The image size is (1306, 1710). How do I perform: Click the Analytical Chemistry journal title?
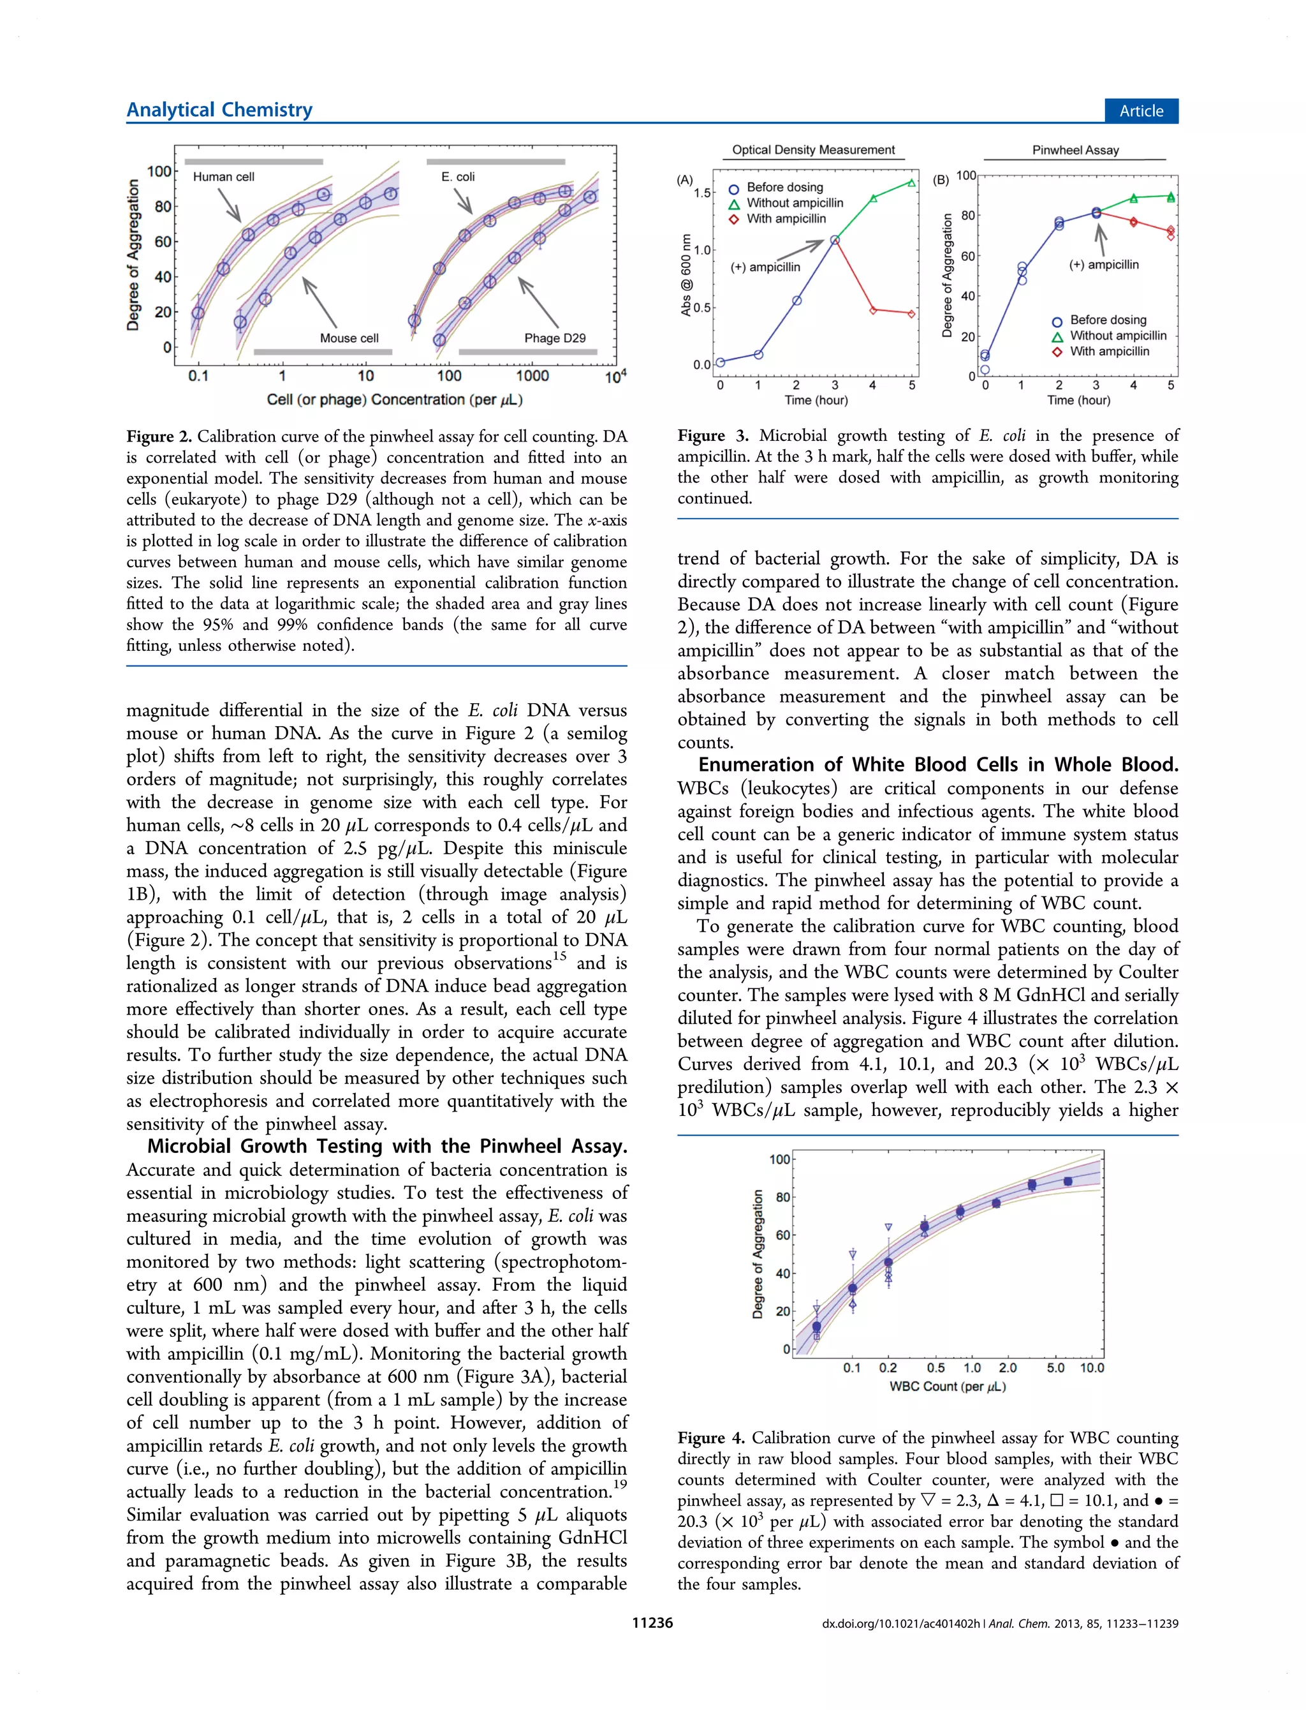(219, 110)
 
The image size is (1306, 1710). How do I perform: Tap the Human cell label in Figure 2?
(223, 177)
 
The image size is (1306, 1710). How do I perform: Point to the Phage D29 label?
(554, 338)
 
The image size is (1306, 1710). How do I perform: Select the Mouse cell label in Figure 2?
(349, 338)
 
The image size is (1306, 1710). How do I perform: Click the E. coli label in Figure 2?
(458, 177)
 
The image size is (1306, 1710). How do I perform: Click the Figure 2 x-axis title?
(394, 399)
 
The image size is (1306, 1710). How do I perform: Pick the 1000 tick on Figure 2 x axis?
(532, 376)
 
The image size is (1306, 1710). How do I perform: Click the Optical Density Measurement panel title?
(813, 149)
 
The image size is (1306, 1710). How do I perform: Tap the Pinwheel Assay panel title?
(1075, 150)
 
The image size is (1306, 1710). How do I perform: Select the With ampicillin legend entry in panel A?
(786, 218)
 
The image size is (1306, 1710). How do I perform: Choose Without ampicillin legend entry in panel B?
(1118, 335)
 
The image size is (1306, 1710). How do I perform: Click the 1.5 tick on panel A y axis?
(702, 193)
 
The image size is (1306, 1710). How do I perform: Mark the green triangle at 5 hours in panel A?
(911, 182)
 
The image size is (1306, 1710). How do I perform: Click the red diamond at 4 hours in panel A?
(873, 310)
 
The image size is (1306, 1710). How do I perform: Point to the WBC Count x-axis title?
(947, 1386)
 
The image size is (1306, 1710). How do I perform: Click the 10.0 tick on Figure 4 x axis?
(1092, 1368)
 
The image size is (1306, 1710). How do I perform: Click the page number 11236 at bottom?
(652, 1623)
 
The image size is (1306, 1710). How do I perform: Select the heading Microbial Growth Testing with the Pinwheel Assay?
(387, 1145)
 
